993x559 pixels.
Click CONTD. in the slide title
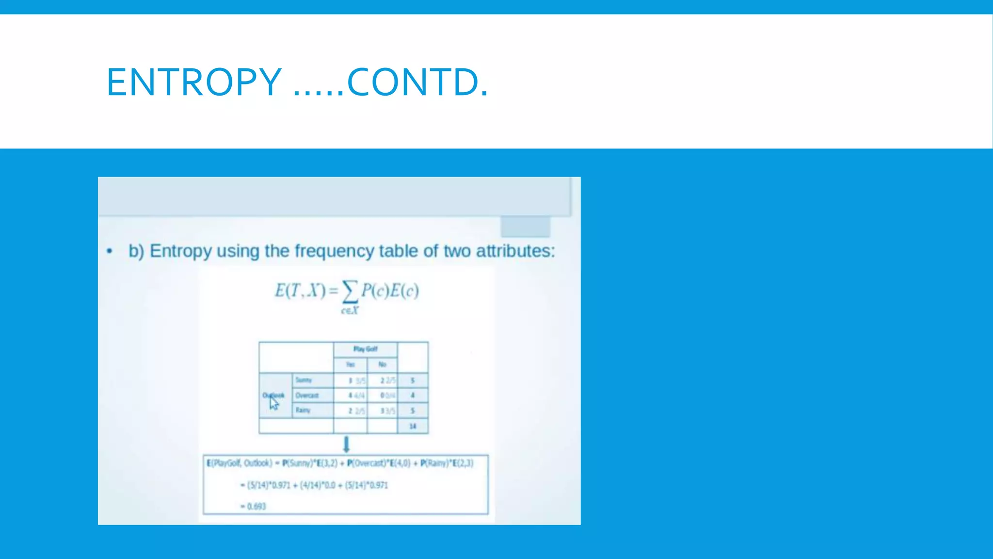417,82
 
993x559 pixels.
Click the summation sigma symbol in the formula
350,291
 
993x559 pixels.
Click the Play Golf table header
365,349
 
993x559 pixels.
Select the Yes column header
350,364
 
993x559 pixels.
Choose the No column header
382,364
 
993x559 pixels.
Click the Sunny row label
304,380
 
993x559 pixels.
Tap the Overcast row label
307,395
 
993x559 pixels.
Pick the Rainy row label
303,411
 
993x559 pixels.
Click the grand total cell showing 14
413,426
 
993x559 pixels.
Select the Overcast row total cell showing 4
413,395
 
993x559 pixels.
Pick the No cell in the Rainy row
387,411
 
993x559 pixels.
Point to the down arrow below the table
346,444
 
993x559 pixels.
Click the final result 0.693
256,506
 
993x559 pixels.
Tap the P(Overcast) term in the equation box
367,463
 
